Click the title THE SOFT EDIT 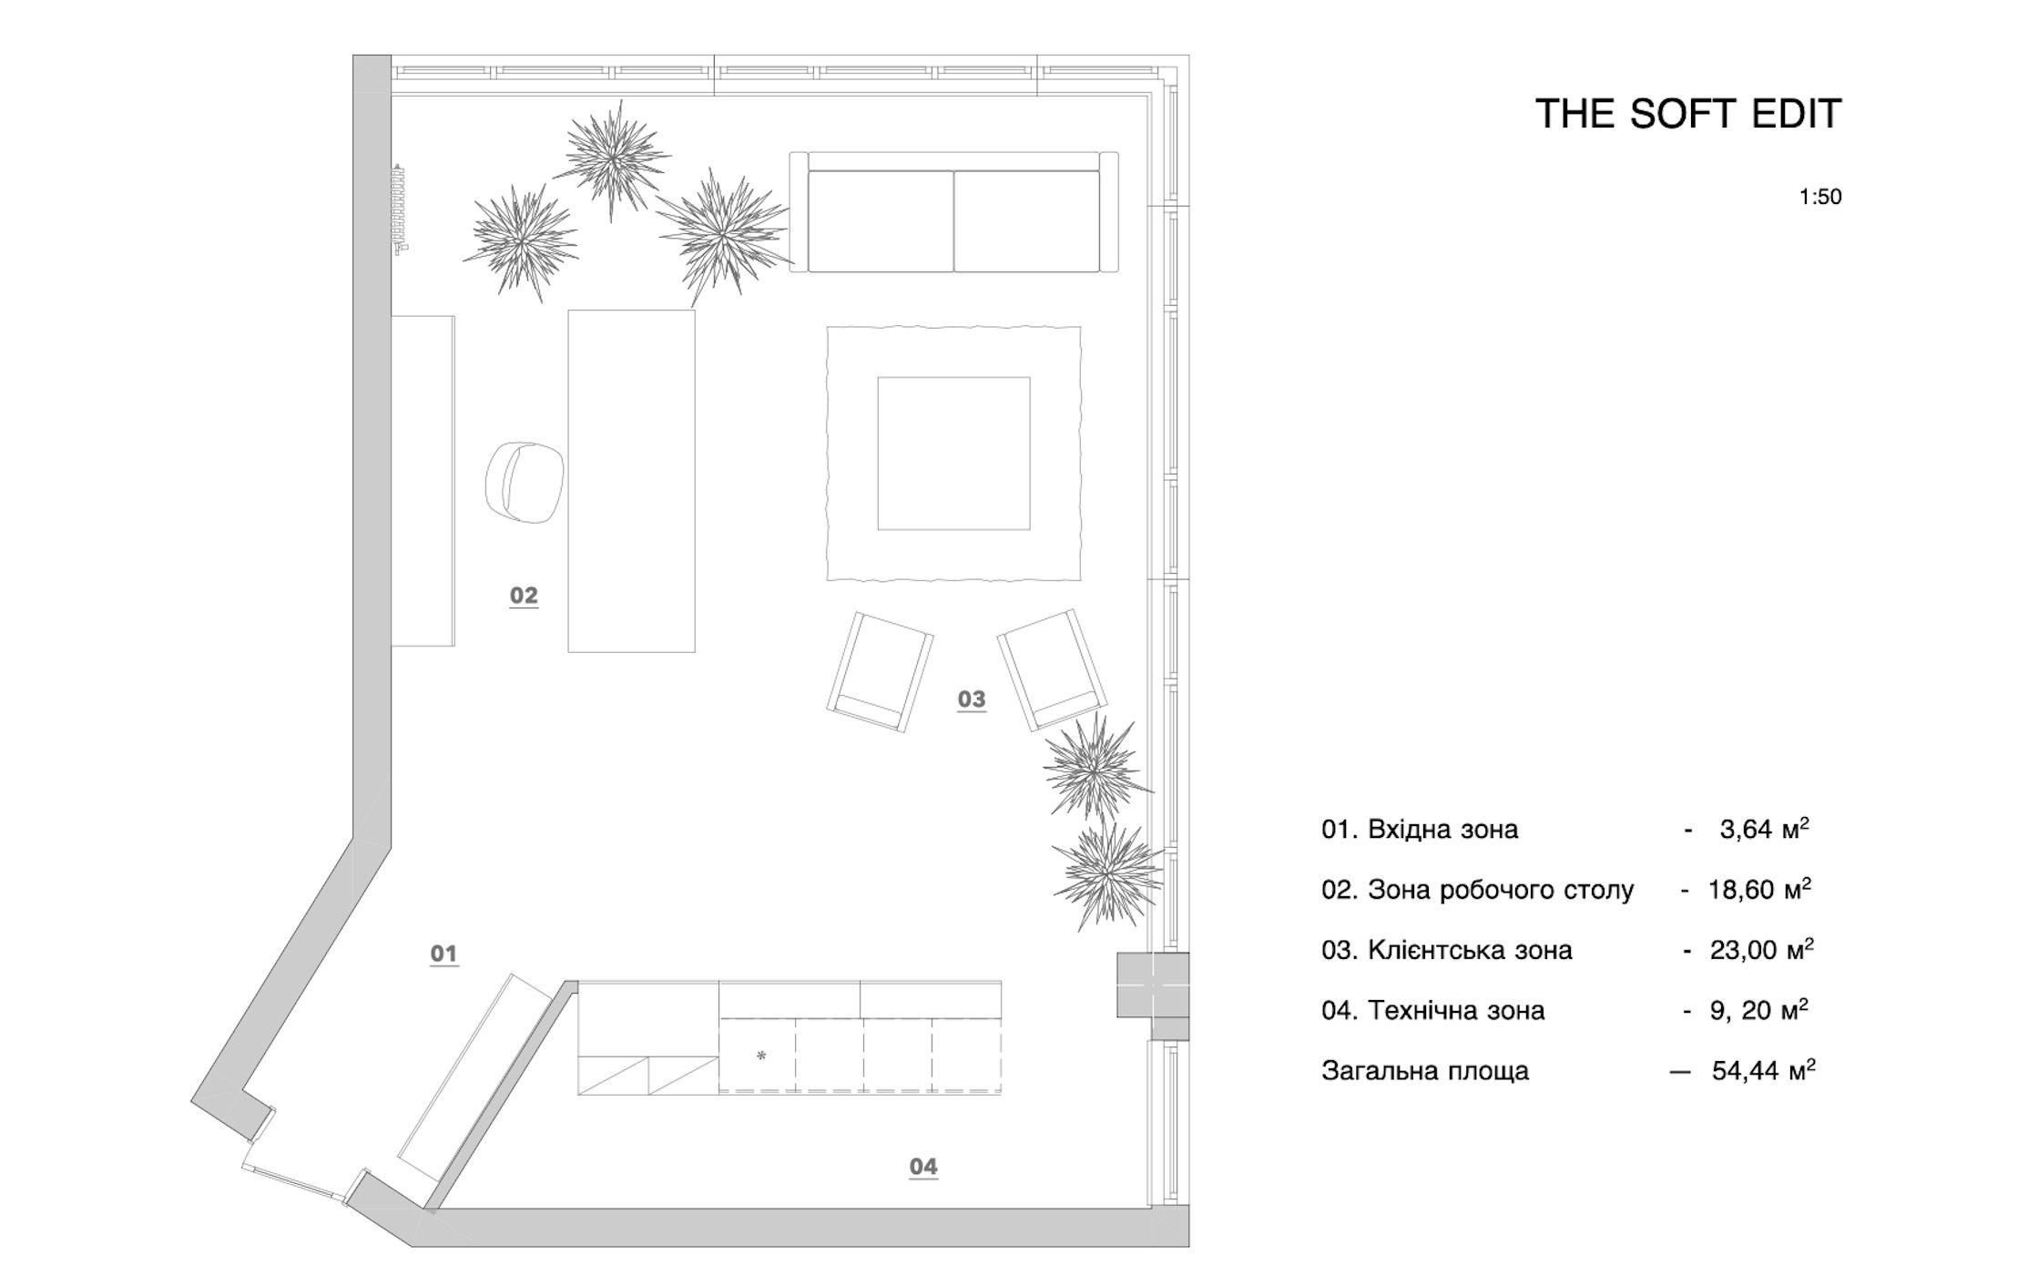(x=1688, y=114)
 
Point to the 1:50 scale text (x=1819, y=197)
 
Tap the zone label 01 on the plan (x=443, y=954)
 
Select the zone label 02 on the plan (x=524, y=596)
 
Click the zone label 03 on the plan (x=972, y=699)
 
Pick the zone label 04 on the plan (x=923, y=1167)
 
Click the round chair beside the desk (x=525, y=482)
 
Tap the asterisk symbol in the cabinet (x=761, y=1056)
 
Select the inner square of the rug (x=953, y=453)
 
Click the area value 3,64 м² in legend (x=1764, y=830)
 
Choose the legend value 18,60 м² (x=1758, y=890)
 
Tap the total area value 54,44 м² (x=1763, y=1071)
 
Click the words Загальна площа (x=1425, y=1071)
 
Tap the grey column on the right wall (x=1153, y=985)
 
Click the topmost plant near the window (x=612, y=158)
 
